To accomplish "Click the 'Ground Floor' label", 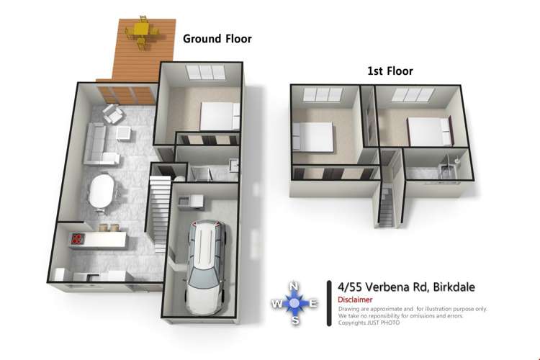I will [x=217, y=39].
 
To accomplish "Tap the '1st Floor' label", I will [x=389, y=71].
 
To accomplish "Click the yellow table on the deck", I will [x=138, y=32].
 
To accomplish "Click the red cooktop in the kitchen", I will [x=78, y=238].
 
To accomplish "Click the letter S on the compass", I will [x=294, y=320].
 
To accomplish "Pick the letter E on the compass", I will [x=312, y=304].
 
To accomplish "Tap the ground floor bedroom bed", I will [x=218, y=114].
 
